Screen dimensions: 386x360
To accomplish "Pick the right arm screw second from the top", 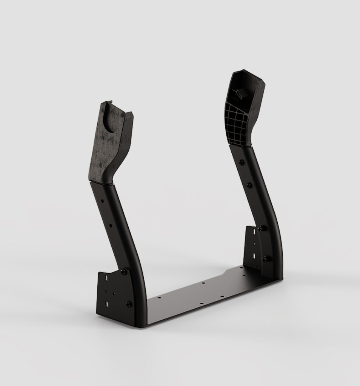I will coord(249,185).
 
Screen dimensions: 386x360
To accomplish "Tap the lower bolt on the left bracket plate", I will coord(129,303).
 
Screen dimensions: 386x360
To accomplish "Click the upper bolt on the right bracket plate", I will coord(260,228).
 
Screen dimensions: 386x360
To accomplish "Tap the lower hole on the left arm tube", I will coord(111,226).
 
